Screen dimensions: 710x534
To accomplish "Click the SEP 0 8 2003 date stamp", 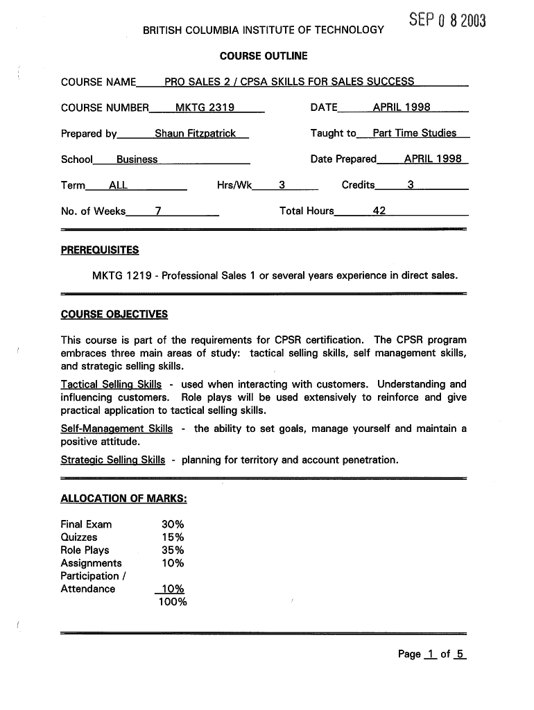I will point(447,21).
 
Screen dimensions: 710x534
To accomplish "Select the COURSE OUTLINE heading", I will point(264,55).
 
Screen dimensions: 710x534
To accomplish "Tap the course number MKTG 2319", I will point(205,107).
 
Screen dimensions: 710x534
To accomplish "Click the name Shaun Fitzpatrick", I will point(195,133).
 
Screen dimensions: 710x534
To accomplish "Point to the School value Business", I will point(137,159).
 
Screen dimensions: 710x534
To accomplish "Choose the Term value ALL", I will point(118,185).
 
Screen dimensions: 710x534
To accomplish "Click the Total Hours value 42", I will point(379,211).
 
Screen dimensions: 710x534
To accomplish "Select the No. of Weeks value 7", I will point(158,211).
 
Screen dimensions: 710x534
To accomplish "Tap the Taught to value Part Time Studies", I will point(414,133).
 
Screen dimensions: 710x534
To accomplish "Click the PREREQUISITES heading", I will point(100,250).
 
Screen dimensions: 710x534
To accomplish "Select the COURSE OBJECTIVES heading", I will point(114,314).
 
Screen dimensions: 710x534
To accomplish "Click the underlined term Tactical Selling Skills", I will point(111,384).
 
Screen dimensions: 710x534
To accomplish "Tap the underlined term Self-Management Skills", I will point(117,428).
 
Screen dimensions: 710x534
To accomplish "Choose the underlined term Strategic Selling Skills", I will point(113,460).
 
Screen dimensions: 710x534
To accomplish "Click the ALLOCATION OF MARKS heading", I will point(123,499).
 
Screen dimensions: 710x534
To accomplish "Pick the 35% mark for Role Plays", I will point(173,551).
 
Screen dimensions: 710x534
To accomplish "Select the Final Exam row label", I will point(86,524).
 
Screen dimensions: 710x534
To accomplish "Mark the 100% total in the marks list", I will point(173,602).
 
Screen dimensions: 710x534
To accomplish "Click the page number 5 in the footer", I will point(460,654).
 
